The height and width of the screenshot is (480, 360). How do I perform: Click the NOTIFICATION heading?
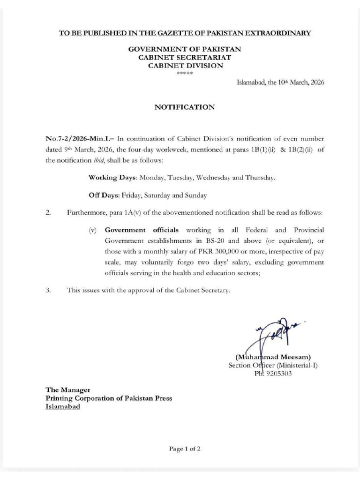pos(185,107)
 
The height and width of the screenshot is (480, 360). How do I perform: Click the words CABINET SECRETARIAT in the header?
pos(185,57)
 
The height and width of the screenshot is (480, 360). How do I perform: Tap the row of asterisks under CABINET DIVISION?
pos(185,74)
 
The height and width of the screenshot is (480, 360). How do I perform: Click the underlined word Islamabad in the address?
pos(63,406)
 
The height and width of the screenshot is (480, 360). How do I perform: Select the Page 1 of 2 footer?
pos(185,449)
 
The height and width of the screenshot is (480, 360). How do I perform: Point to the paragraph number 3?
pos(48,290)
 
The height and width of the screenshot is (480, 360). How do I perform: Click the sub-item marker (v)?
pos(93,230)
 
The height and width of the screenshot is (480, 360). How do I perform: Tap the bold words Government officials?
pos(142,230)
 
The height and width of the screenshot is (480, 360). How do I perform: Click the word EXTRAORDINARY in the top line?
pos(278,33)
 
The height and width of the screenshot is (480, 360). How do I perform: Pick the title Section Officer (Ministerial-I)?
pos(273,365)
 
